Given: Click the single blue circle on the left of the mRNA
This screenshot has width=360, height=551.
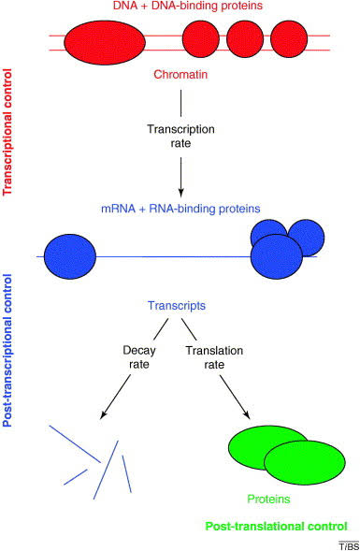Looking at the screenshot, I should [x=70, y=255].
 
